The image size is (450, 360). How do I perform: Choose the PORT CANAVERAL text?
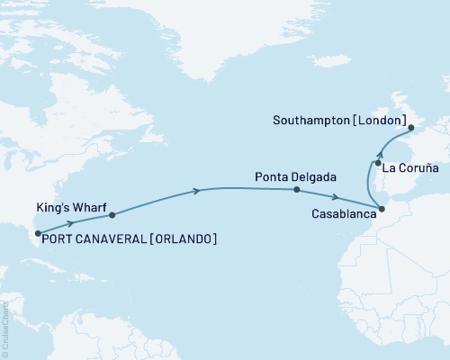pyautogui.click(x=93, y=238)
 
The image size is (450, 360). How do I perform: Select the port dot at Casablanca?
pyautogui.click(x=382, y=209)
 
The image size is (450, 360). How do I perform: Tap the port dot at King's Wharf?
pyautogui.click(x=112, y=215)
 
